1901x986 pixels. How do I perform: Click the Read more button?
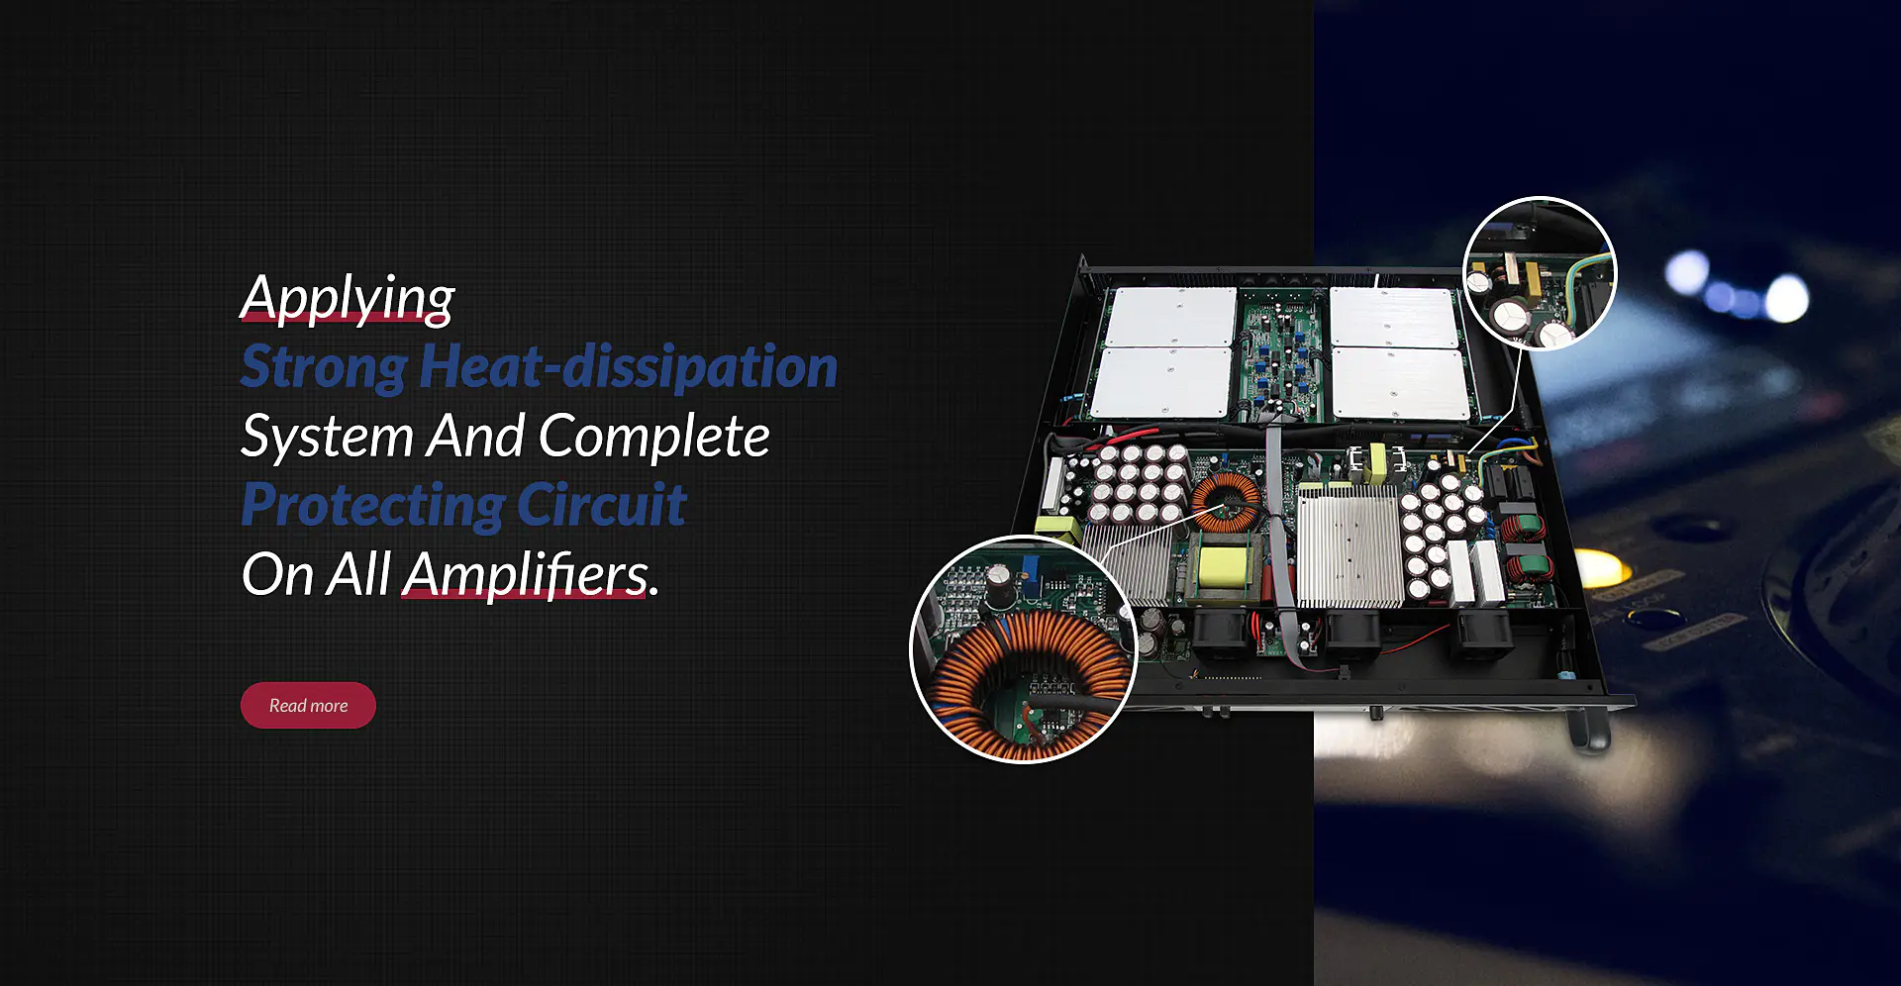(x=308, y=706)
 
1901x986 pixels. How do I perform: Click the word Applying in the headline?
(x=348, y=298)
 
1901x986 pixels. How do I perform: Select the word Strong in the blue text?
(x=324, y=367)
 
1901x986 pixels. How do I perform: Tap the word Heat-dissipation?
(x=629, y=365)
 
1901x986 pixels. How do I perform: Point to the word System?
(x=328, y=437)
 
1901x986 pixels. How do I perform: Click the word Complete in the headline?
(x=653, y=436)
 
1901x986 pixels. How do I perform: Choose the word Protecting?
(x=373, y=506)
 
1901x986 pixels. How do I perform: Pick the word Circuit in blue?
(x=601, y=504)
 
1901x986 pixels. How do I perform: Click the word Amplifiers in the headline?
(x=527, y=575)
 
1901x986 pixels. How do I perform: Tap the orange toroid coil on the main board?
(x=1226, y=501)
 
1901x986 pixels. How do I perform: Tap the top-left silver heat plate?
(x=1171, y=317)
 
